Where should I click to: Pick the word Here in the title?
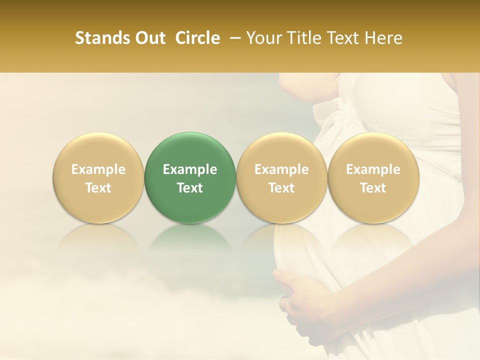(x=383, y=38)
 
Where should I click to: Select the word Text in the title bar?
(x=344, y=38)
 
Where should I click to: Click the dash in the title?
(x=232, y=38)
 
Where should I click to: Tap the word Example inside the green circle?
(x=190, y=169)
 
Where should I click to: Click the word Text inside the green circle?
(x=190, y=188)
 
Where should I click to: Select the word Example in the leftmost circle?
(x=98, y=169)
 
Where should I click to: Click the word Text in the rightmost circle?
(x=373, y=188)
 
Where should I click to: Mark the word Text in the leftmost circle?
(x=98, y=188)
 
